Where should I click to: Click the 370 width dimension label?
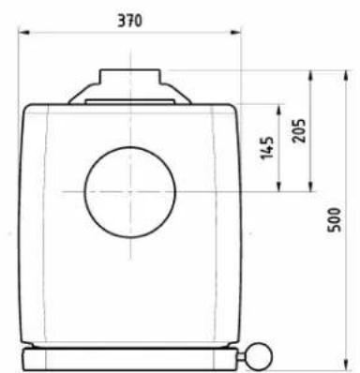(129, 21)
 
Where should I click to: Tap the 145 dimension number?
(266, 147)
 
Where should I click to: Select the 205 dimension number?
(299, 130)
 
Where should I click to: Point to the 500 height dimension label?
(334, 220)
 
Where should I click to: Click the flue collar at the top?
(130, 77)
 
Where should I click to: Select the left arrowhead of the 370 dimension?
(23, 32)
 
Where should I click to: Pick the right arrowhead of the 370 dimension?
(235, 32)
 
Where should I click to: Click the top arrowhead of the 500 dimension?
(346, 76)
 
